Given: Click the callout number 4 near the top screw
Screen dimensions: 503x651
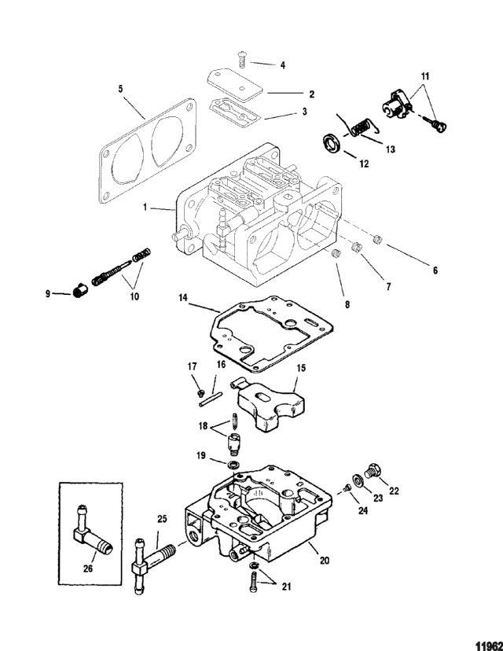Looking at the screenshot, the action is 283,65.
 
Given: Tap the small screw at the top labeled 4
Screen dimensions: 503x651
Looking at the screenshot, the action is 242,60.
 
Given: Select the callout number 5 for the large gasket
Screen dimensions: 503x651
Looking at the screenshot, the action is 121,89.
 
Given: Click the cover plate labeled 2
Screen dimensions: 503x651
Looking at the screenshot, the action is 235,85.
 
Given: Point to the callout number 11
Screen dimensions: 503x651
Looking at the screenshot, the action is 425,76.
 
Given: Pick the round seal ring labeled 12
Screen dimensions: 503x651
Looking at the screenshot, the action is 332,143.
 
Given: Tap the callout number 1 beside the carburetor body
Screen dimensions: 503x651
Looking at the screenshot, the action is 145,206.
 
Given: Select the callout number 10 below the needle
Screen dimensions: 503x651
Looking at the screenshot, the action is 134,296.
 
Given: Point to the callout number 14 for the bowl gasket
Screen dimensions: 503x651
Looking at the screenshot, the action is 183,298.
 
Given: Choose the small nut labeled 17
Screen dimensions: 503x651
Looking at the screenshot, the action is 201,392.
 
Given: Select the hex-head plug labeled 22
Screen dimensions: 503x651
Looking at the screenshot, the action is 373,472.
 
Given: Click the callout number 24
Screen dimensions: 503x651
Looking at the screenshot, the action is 363,510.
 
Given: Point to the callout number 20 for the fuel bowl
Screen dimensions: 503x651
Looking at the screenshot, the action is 325,560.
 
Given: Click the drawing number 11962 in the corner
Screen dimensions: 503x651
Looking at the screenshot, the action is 489,645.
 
